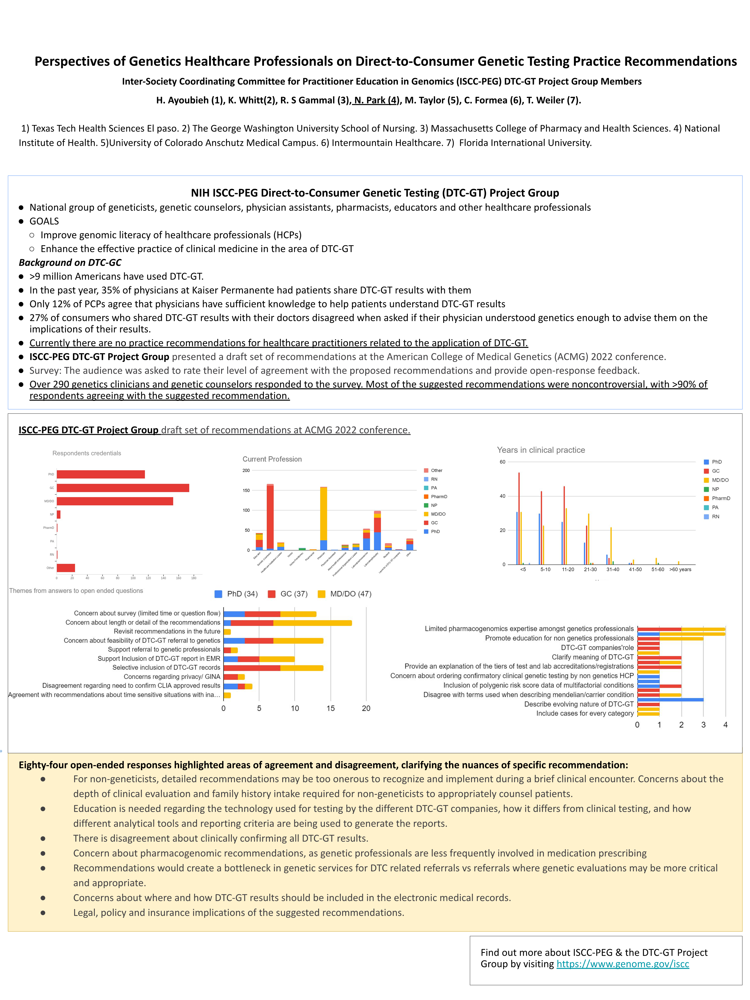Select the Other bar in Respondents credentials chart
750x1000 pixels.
[66, 568]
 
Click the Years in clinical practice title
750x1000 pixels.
[541, 450]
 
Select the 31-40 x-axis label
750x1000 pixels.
[612, 570]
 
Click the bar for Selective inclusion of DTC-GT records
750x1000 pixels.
[273, 668]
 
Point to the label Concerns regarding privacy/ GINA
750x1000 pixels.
[172, 677]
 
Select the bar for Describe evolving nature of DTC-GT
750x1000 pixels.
[670, 700]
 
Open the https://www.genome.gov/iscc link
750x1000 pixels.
[622, 964]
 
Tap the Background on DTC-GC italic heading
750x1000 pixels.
[70, 263]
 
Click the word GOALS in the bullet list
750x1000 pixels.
[44, 221]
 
